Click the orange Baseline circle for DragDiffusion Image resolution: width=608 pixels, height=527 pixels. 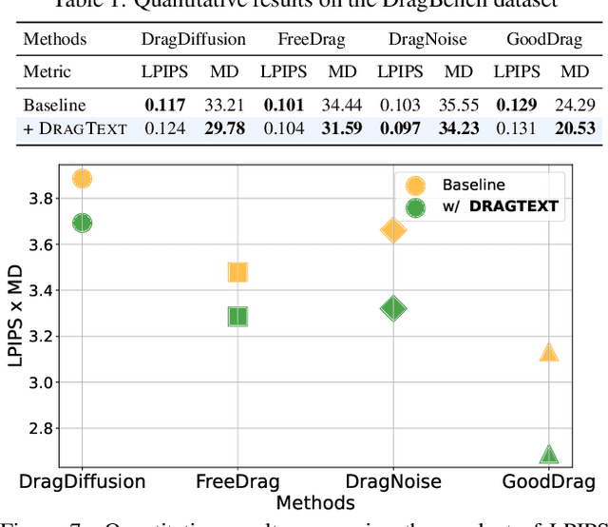point(82,179)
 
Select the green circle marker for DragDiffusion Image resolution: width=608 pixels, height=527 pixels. point(82,223)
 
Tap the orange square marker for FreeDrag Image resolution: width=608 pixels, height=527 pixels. point(237,273)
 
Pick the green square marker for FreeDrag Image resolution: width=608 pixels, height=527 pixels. point(237,317)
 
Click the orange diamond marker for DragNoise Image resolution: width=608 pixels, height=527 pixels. point(393,230)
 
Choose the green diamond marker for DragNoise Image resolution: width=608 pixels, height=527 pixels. point(393,308)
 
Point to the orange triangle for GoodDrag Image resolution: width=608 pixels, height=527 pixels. point(548,352)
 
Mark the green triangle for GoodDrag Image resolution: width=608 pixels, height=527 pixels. point(548,455)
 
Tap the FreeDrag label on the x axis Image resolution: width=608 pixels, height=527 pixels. point(237,481)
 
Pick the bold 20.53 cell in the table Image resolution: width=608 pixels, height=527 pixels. point(575,128)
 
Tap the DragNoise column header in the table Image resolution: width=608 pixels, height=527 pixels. point(427,40)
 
